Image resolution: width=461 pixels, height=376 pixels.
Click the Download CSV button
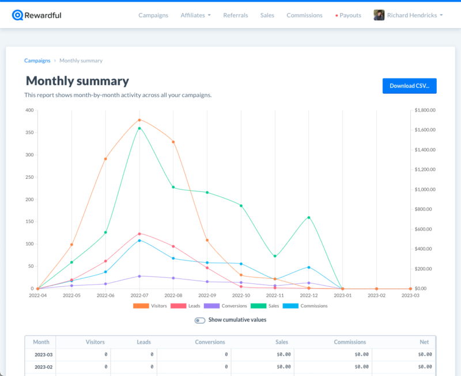click(409, 86)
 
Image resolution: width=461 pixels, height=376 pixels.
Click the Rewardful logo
click(37, 16)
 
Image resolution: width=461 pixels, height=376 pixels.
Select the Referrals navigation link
click(236, 16)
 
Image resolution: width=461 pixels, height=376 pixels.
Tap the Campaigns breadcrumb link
click(37, 61)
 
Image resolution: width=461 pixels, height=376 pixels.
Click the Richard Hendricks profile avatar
click(379, 16)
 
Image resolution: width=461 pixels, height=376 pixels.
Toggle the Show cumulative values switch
click(200, 320)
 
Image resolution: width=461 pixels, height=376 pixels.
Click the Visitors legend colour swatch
click(141, 306)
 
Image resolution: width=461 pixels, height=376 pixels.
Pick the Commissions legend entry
click(305, 306)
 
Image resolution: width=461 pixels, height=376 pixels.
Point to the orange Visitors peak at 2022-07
click(139, 120)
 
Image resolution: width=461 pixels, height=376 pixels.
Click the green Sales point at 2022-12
click(309, 218)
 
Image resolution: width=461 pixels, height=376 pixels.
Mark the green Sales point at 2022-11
click(275, 256)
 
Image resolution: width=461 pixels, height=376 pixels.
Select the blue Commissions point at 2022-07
click(139, 240)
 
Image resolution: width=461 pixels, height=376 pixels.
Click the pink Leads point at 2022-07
click(139, 234)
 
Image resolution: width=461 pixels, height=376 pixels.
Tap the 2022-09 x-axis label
click(207, 296)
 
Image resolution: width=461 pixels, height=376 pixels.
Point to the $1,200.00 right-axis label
click(425, 170)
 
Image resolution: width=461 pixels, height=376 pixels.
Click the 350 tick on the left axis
click(29, 133)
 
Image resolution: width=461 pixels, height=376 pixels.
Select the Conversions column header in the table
click(210, 342)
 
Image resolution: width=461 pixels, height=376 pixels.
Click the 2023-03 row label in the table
click(44, 355)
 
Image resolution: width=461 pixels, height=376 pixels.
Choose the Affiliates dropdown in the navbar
click(195, 16)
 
